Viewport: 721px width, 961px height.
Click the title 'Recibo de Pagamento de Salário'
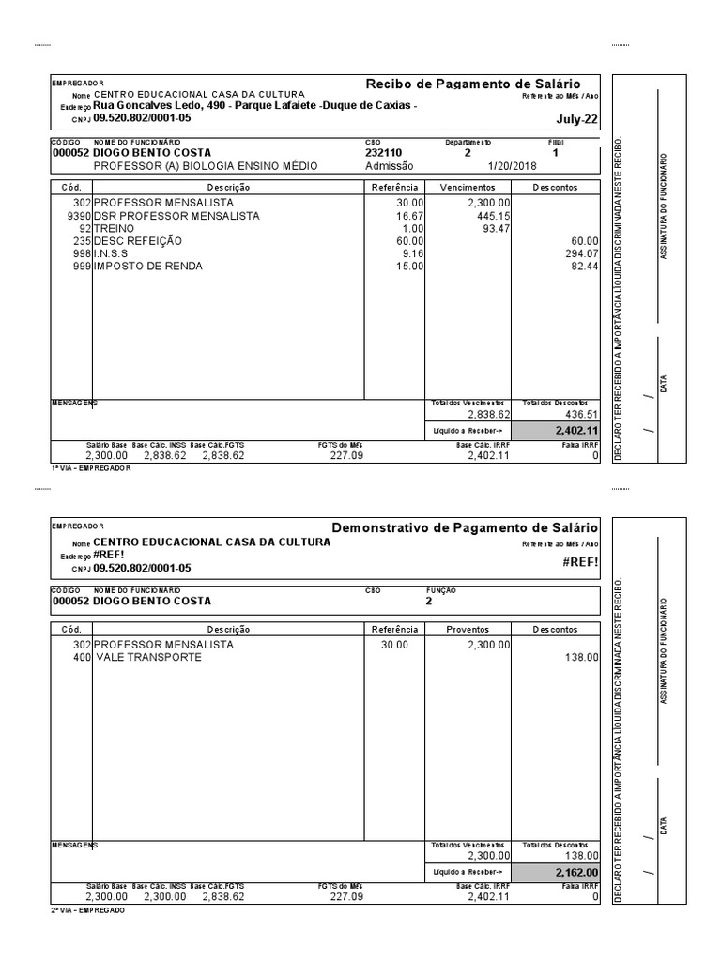pyautogui.click(x=472, y=84)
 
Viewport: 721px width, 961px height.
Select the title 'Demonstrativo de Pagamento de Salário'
pyautogui.click(x=465, y=528)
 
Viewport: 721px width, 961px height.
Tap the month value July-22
pyautogui.click(x=576, y=120)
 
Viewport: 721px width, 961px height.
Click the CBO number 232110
pyautogui.click(x=383, y=153)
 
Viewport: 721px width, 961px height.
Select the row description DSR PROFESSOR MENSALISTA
pyautogui.click(x=176, y=216)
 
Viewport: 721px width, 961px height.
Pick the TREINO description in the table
pyautogui.click(x=114, y=228)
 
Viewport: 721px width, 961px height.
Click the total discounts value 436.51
pyautogui.click(x=580, y=414)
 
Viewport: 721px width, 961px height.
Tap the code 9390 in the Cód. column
pyautogui.click(x=80, y=216)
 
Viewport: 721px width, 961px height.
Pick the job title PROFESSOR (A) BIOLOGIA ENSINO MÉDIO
pyautogui.click(x=205, y=166)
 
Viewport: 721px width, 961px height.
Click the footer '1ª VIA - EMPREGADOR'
pyautogui.click(x=90, y=467)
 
